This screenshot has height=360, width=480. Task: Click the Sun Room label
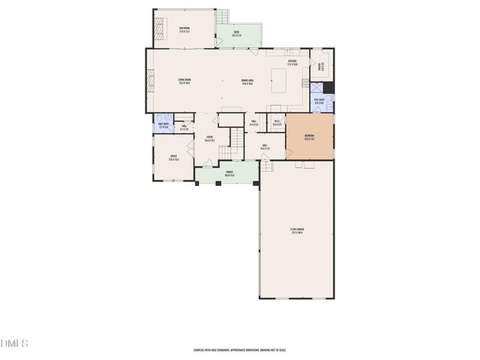184,30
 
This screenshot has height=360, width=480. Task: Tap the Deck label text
236,33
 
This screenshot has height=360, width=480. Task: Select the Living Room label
184,82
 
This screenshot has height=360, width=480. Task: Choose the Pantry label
320,67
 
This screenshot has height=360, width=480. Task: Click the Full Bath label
319,100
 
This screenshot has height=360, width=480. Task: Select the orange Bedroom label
309,137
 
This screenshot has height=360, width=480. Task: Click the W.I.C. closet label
277,123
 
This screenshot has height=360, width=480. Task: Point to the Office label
173,158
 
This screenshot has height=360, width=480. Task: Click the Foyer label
210,139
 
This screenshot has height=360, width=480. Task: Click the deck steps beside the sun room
223,16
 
